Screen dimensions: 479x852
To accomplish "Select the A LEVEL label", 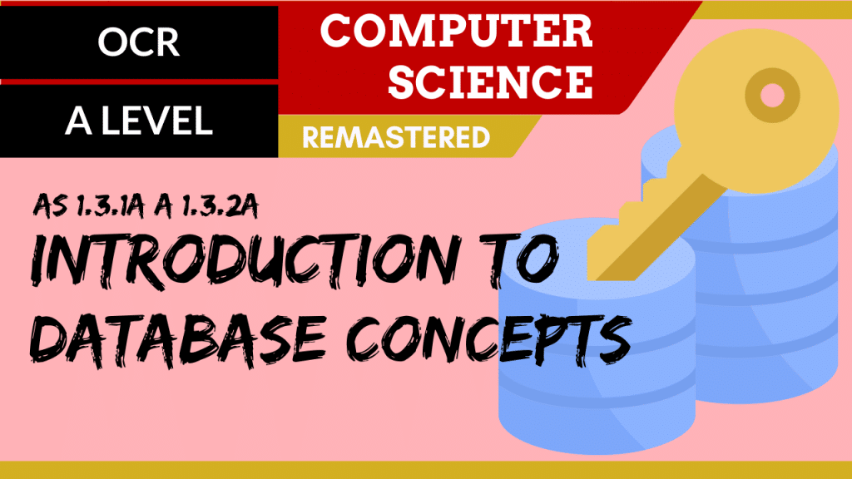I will tap(139, 121).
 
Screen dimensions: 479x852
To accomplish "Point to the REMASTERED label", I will tap(396, 138).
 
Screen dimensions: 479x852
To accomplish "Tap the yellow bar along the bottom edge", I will tap(426, 471).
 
